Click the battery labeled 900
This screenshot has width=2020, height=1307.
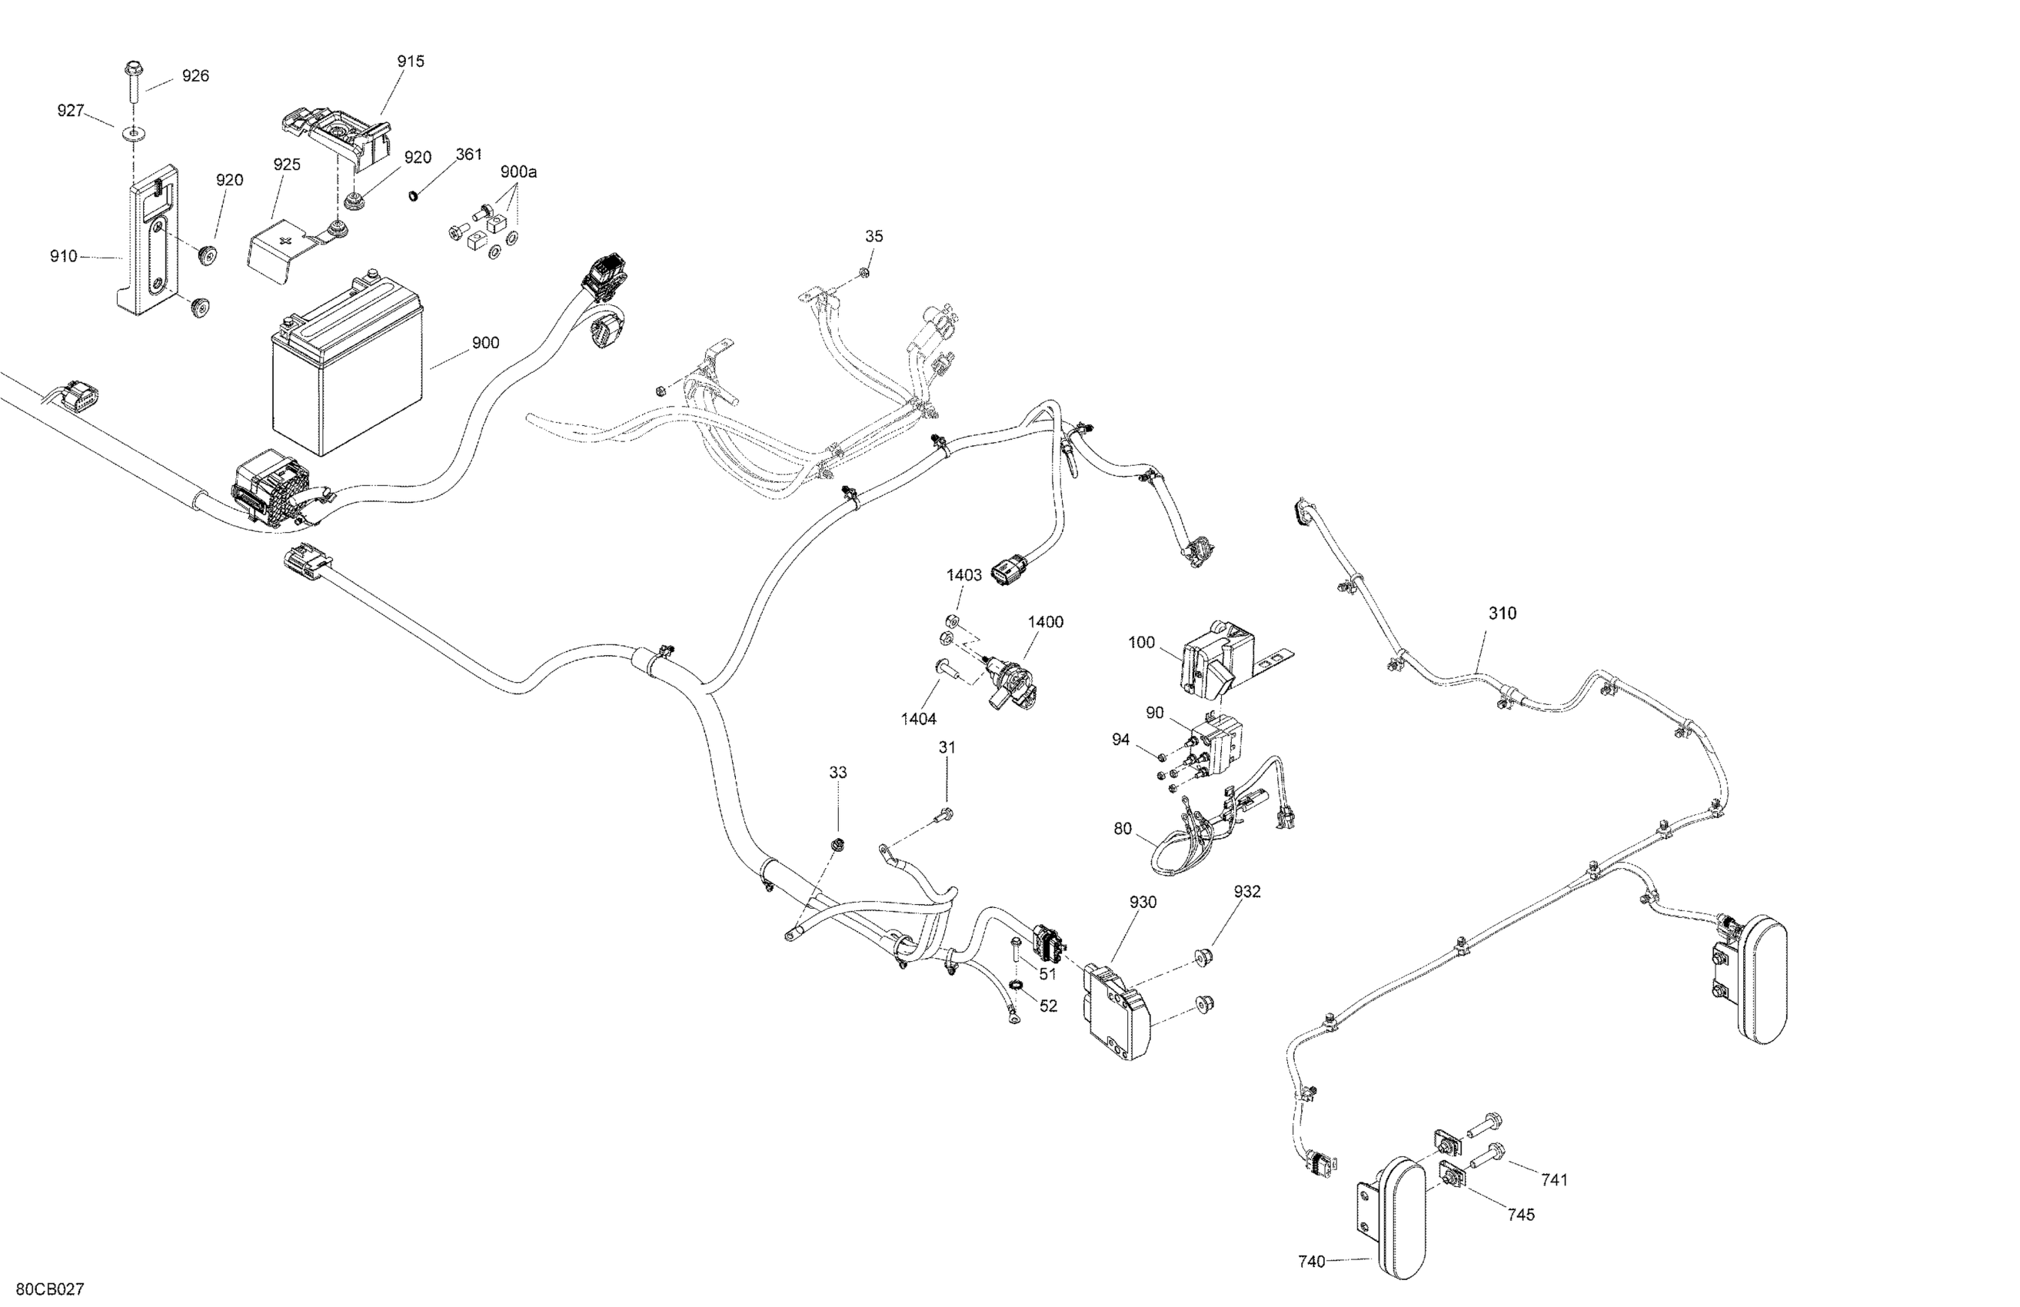[346, 374]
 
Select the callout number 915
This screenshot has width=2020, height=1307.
[411, 61]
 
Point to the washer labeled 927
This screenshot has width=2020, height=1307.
[134, 133]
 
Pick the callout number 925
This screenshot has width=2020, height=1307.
[287, 165]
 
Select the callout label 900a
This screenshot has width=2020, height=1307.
[518, 172]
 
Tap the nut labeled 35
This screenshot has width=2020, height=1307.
[864, 272]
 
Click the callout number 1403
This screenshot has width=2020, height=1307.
[964, 575]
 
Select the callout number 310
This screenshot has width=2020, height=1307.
[1503, 614]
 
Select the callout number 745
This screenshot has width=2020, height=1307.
[1521, 1216]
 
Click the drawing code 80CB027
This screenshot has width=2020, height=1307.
[50, 1290]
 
